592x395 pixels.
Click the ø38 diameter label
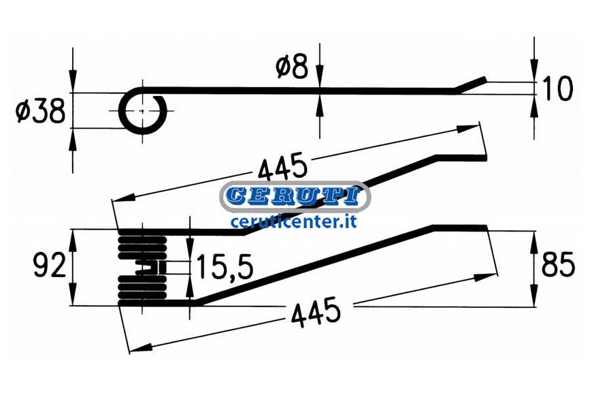(40, 112)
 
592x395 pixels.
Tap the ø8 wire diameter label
(292, 67)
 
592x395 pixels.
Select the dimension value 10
(557, 89)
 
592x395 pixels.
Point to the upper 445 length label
(282, 166)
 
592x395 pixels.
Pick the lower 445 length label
(316, 312)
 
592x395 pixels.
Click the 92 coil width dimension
(50, 266)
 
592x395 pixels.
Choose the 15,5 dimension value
(225, 266)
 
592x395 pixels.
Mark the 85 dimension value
(558, 265)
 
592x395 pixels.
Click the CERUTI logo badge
(295, 197)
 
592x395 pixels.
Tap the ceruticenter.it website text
(294, 221)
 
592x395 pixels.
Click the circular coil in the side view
(142, 111)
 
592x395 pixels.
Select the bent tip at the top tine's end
(470, 84)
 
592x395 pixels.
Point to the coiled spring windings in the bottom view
(142, 267)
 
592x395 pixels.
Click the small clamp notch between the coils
(151, 268)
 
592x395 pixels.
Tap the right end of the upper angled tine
(486, 157)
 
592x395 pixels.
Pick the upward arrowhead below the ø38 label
(73, 138)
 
